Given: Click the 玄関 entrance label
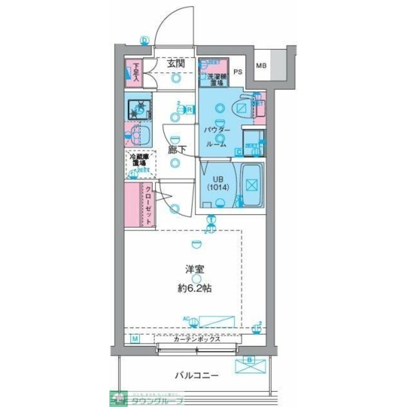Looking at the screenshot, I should pyautogui.click(x=176, y=63).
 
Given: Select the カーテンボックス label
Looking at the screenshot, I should pyautogui.click(x=197, y=339).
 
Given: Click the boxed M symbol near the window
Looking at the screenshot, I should pyautogui.click(x=135, y=338).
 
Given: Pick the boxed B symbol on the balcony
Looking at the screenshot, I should pyautogui.click(x=249, y=359).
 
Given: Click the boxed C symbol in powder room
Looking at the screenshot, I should pyautogui.click(x=239, y=152).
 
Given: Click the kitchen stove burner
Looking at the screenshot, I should pyautogui.click(x=139, y=108).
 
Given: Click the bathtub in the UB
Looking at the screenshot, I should pyautogui.click(x=252, y=185).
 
